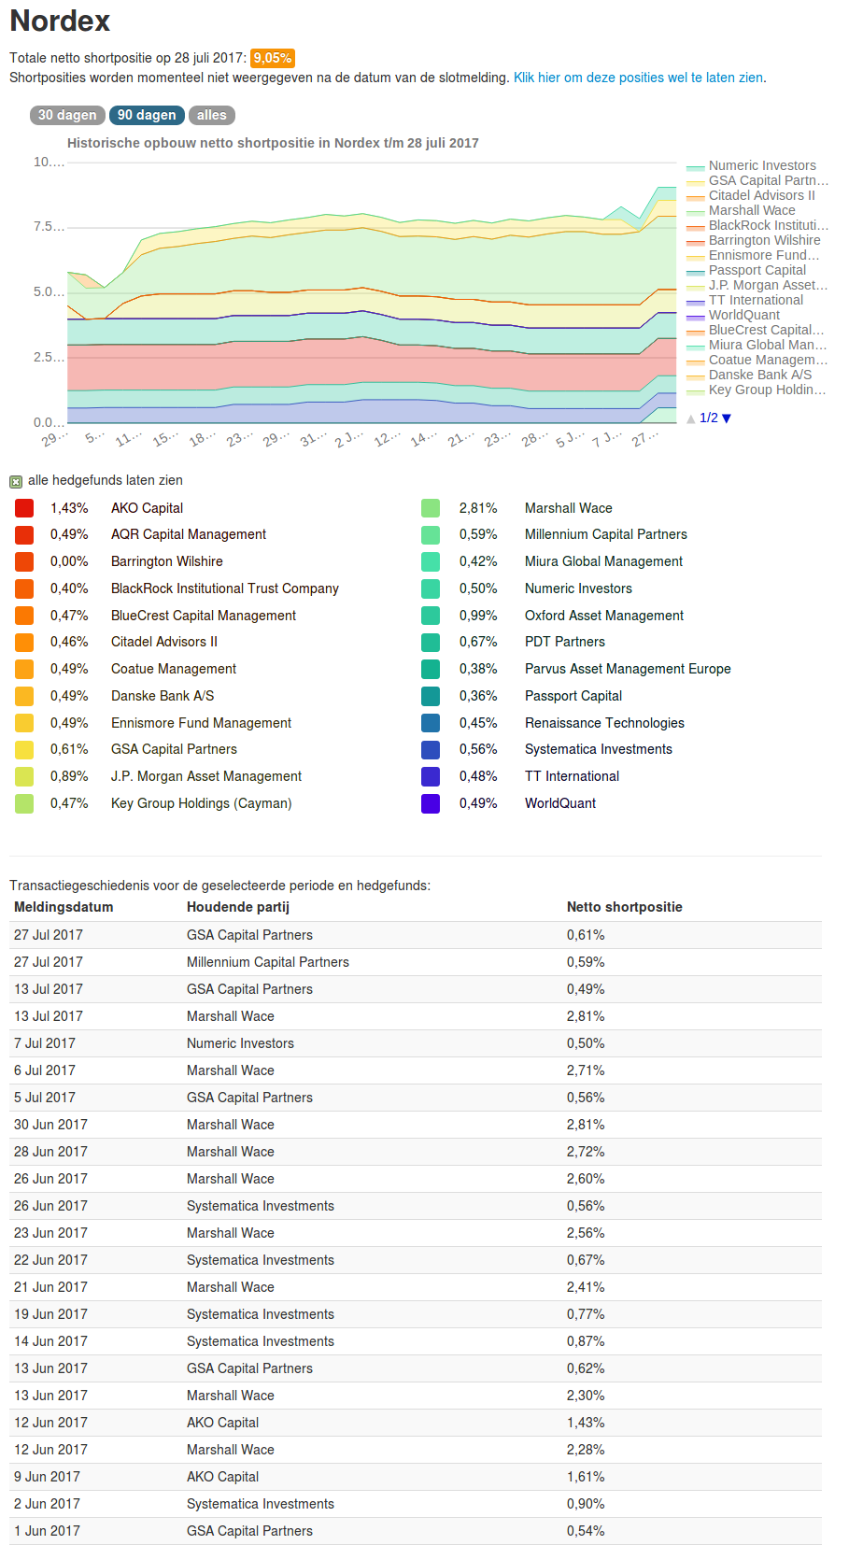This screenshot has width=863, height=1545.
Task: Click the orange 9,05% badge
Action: pyautogui.click(x=272, y=58)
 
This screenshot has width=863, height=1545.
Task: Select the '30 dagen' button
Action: pyautogui.click(x=67, y=115)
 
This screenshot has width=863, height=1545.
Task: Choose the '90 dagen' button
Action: pyautogui.click(x=147, y=115)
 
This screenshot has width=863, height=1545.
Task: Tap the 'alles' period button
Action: pyautogui.click(x=211, y=115)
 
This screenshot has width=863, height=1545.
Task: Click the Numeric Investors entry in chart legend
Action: pyautogui.click(x=761, y=165)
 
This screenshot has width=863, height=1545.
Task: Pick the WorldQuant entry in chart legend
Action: pyautogui.click(x=743, y=315)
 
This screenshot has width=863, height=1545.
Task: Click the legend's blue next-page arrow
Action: pyautogui.click(x=727, y=418)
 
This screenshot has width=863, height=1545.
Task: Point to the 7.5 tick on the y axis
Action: pyautogui.click(x=49, y=227)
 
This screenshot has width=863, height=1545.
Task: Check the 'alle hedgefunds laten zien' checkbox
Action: pyautogui.click(x=16, y=482)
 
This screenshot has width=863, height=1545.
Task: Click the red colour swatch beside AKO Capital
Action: pyautogui.click(x=24, y=508)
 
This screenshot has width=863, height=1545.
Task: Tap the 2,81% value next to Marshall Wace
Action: pyautogui.click(x=477, y=508)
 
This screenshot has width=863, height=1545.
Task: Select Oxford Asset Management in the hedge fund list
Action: pyautogui.click(x=603, y=616)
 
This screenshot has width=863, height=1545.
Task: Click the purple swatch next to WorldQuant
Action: pyautogui.click(x=431, y=803)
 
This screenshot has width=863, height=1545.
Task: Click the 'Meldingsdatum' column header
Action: pyautogui.click(x=64, y=907)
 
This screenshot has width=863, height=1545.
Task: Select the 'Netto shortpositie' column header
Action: pyautogui.click(x=624, y=907)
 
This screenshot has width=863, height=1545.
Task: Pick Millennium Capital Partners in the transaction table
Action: pyautogui.click(x=267, y=962)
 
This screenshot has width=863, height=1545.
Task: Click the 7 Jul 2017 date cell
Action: pyautogui.click(x=45, y=1043)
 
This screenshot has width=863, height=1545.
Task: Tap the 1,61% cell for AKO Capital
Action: pyautogui.click(x=585, y=1477)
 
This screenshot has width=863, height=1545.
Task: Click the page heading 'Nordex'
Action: pyautogui.click(x=60, y=21)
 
